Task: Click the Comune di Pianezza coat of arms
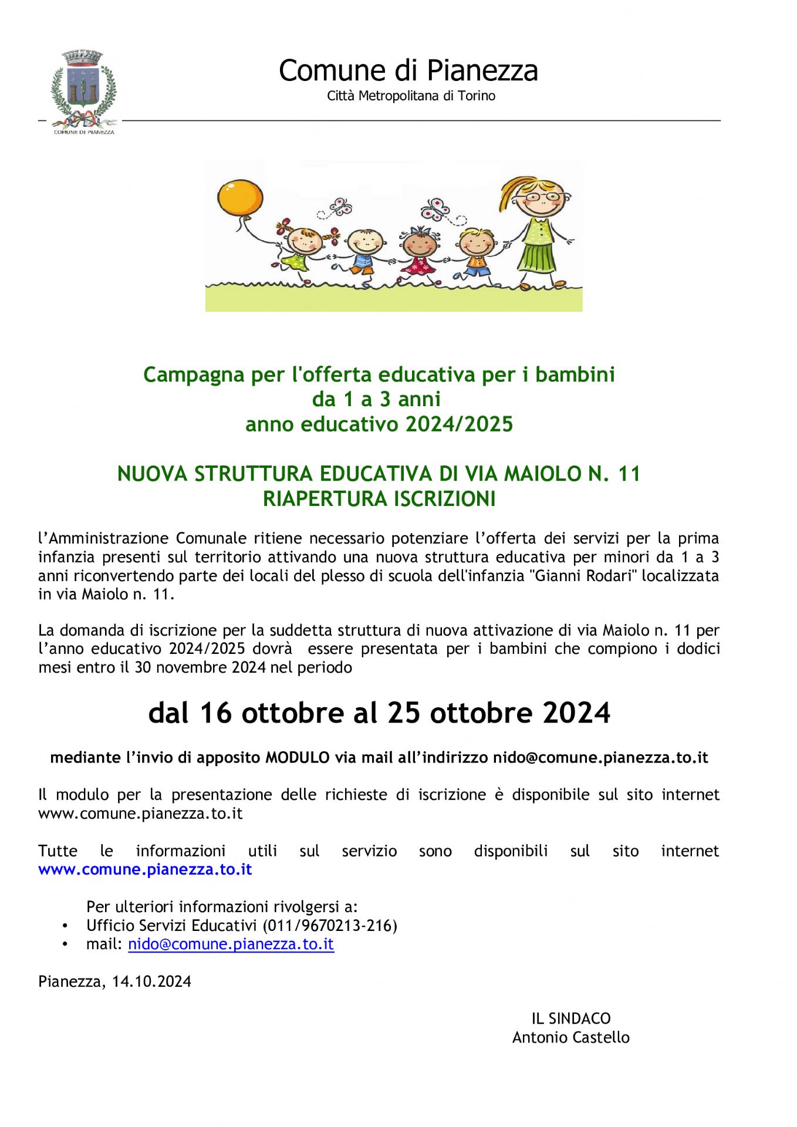click(x=83, y=89)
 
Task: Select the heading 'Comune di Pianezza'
click(x=408, y=70)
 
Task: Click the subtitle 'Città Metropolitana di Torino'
click(x=411, y=96)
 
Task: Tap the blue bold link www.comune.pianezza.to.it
click(x=145, y=869)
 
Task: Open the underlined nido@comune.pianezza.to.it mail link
click(x=231, y=944)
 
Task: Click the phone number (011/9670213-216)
click(x=330, y=925)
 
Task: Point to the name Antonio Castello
click(x=570, y=1037)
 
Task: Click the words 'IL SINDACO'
click(x=570, y=1018)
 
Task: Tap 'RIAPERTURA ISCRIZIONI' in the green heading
click(x=379, y=499)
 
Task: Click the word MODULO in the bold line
click(x=298, y=757)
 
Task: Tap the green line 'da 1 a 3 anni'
click(x=376, y=399)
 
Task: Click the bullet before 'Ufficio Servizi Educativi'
click(x=65, y=926)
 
